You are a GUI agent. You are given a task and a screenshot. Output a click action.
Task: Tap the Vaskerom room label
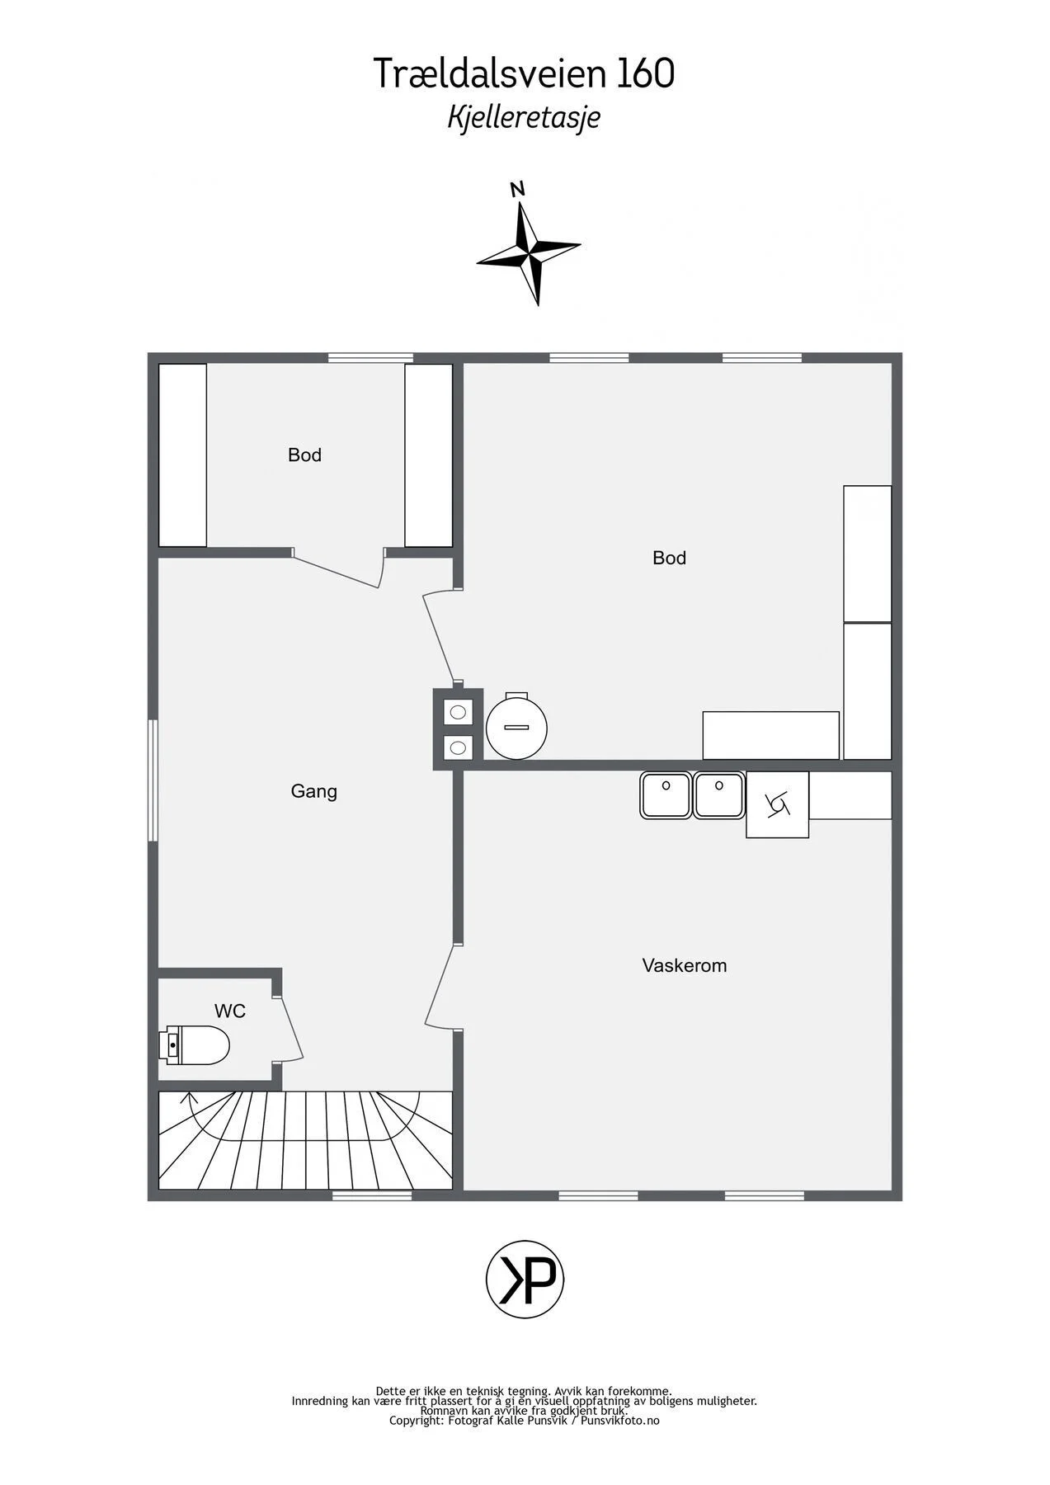685,965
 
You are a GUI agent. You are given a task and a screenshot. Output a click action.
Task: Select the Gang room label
313,791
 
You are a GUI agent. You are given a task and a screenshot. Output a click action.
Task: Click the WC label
230,1011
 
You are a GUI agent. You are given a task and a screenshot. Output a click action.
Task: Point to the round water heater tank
517,726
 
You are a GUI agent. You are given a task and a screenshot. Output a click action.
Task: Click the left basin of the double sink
666,794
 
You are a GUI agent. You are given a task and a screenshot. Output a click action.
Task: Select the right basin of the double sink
719,794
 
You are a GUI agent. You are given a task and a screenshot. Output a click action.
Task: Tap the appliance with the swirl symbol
777,804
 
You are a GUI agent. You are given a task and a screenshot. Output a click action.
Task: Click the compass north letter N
517,190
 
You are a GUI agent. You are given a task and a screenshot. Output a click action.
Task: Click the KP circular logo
525,1280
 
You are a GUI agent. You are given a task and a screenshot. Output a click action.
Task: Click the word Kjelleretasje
524,117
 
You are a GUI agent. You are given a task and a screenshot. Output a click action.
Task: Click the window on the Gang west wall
153,780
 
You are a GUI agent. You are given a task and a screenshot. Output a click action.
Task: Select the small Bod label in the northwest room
304,455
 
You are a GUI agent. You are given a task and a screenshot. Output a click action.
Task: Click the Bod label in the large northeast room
669,558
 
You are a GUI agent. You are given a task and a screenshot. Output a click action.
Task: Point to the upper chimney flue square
459,711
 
